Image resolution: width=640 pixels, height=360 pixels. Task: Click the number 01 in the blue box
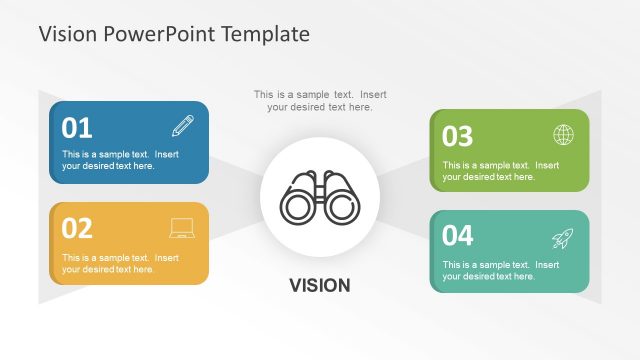(x=77, y=128)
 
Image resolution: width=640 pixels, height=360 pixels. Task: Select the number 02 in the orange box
(x=77, y=229)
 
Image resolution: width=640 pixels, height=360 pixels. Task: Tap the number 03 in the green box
(x=457, y=136)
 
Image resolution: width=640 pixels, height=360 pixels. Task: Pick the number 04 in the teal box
(x=457, y=236)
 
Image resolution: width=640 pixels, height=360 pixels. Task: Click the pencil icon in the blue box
(x=183, y=126)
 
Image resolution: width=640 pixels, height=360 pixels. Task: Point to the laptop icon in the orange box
(x=182, y=229)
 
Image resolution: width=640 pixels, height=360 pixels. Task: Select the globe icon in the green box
(x=563, y=135)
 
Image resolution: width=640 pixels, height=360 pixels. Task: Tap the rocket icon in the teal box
(x=563, y=238)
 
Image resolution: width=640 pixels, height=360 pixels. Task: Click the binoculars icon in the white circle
(x=319, y=197)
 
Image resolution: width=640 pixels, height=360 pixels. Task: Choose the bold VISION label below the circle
(x=320, y=286)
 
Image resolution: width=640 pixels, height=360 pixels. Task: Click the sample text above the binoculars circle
(x=320, y=101)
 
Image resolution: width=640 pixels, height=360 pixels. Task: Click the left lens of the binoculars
(x=298, y=207)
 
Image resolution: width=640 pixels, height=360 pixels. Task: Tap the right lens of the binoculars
(x=340, y=207)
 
